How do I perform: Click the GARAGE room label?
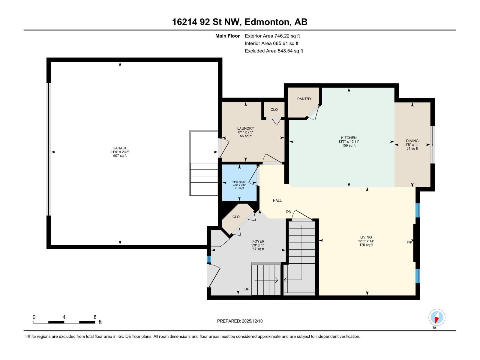tap(120, 148)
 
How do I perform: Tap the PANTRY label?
tap(304, 99)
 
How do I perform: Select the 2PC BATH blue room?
tap(239, 183)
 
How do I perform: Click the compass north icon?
tap(437, 317)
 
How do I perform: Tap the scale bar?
tap(64, 322)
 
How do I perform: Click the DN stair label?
tap(289, 211)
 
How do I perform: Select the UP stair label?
tap(247, 289)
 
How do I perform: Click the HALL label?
tap(277, 200)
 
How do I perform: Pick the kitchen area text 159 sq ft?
tap(349, 145)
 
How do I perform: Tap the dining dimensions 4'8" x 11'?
tap(412, 145)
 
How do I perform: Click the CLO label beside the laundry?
tap(274, 109)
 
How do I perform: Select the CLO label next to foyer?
tap(236, 217)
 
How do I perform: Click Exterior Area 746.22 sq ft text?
tap(272, 36)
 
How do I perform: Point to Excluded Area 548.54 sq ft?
tap(274, 51)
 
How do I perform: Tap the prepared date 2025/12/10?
tap(240, 321)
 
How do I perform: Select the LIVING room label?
tap(366, 237)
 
